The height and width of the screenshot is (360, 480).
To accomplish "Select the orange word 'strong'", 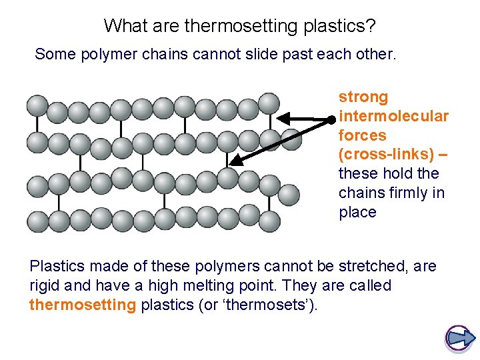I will tap(363, 97).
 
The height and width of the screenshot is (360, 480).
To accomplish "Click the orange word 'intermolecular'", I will tap(393, 117).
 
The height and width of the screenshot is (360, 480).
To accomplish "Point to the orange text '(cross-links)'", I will tap(387, 155).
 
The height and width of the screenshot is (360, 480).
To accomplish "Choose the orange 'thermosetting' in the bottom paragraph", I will tap(83, 305).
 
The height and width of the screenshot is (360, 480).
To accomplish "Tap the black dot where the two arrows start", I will tap(331, 119).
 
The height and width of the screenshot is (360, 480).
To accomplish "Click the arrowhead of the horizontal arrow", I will tap(282, 119).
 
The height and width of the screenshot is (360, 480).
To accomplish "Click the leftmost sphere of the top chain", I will tap(37, 105).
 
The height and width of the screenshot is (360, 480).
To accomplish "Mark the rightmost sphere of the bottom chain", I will tap(269, 219).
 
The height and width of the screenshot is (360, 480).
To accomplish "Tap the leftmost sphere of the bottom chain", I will tap(37, 220).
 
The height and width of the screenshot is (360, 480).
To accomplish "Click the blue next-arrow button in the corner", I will tap(459, 338).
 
